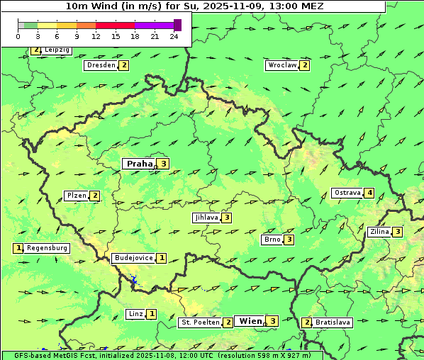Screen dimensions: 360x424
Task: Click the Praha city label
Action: (x=140, y=164)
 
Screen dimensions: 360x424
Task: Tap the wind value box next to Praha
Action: (x=164, y=164)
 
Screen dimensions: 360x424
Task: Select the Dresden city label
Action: (x=101, y=65)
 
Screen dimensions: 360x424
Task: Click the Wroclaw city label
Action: (x=281, y=65)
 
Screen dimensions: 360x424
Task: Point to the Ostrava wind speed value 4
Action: (x=369, y=193)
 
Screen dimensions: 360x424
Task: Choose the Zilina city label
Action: (x=379, y=232)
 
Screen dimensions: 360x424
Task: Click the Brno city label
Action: (x=272, y=240)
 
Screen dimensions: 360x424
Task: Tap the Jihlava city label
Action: (x=206, y=218)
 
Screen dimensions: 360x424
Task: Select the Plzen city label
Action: (x=76, y=196)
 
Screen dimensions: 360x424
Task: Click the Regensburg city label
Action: (x=48, y=248)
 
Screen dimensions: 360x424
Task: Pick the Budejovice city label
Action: (x=133, y=258)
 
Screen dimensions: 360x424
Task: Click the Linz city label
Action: (x=135, y=314)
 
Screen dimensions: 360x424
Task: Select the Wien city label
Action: (x=250, y=321)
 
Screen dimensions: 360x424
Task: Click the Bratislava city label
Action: (x=333, y=322)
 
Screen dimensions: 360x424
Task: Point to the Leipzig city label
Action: (x=56, y=50)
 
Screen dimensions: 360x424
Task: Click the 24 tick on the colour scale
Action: (x=174, y=35)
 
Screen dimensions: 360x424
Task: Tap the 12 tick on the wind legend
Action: (x=95, y=35)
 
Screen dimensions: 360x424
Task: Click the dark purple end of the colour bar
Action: (x=177, y=25)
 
